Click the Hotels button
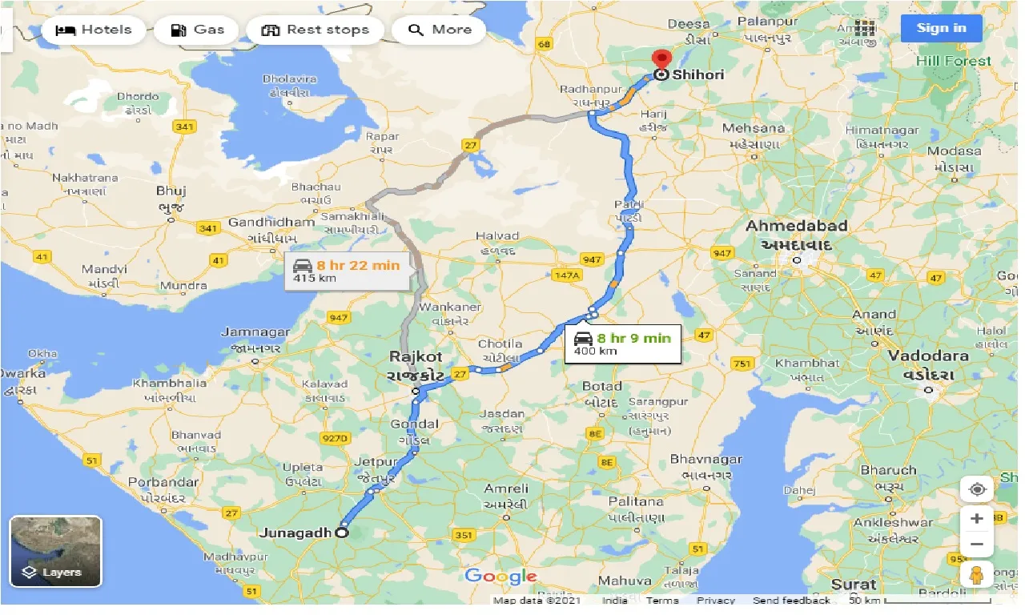click(x=94, y=30)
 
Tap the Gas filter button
click(x=197, y=30)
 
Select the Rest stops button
click(x=316, y=30)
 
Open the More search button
click(x=440, y=30)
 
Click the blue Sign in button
click(x=941, y=28)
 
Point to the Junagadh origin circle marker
click(x=342, y=533)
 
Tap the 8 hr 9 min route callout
click(x=622, y=344)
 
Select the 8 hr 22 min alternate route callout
click(x=350, y=271)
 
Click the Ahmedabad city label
click(x=797, y=227)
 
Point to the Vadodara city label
click(x=928, y=356)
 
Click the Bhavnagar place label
click(x=706, y=460)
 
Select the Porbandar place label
click(x=163, y=482)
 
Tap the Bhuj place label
click(x=171, y=191)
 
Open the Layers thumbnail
click(x=56, y=552)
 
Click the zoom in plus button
click(x=977, y=519)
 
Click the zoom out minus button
click(x=977, y=545)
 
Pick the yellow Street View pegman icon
click(x=977, y=576)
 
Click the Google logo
click(x=500, y=576)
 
